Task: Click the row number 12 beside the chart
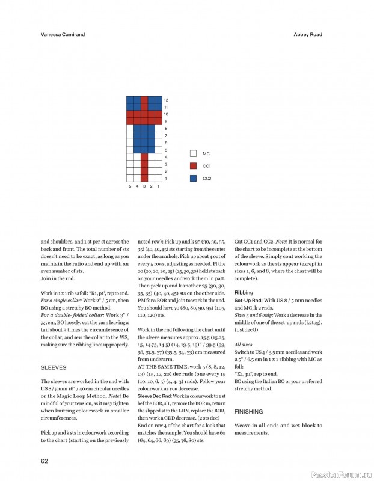pos(166,100)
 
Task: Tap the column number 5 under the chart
pos(130,186)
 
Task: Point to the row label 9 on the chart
pos(166,121)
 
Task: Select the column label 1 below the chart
pos(159,186)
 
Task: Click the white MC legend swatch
pos(192,154)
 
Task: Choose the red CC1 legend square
pos(192,165)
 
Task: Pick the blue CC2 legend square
pos(192,178)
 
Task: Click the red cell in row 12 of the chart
pos(144,100)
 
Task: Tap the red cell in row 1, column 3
pos(144,179)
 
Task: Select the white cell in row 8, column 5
pos(130,129)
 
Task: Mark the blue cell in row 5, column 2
pos(152,150)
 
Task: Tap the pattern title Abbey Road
pos(307,35)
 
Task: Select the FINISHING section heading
pos(249,412)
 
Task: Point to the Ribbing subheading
pos(244,292)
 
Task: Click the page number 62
pos(44,461)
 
